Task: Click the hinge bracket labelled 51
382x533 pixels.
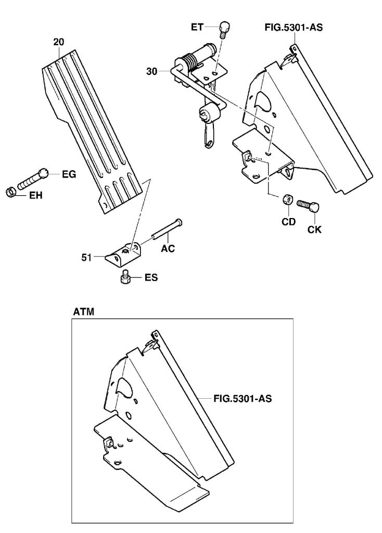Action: point(125,252)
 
